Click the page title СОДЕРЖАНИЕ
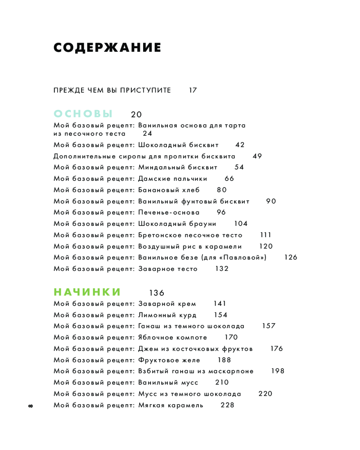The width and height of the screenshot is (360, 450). [107, 48]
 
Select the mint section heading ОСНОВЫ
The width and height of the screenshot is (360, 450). [83, 113]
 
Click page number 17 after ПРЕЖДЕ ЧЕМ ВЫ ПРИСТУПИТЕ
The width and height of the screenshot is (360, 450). [193, 90]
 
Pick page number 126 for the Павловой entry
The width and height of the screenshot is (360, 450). [291, 257]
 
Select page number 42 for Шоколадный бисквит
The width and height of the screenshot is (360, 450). [240, 145]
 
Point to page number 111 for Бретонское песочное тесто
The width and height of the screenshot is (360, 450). [265, 235]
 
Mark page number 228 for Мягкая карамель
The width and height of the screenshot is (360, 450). [228, 405]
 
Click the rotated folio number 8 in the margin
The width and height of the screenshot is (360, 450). [30, 406]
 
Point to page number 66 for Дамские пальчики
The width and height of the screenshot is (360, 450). [229, 179]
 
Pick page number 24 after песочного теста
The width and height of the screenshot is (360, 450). [148, 133]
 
